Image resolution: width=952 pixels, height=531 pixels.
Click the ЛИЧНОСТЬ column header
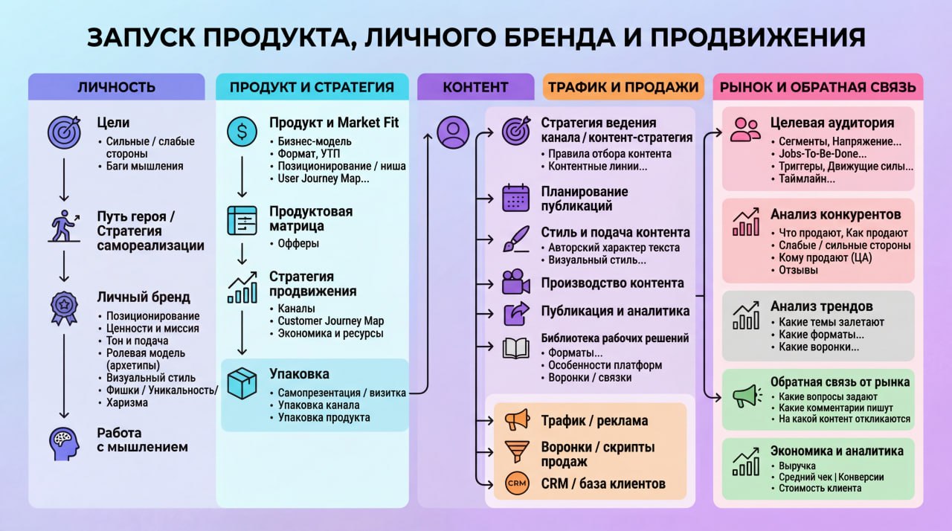[x=117, y=87]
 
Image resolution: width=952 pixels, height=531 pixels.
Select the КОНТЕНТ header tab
[x=475, y=87]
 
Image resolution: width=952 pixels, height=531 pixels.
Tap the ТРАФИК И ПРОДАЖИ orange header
[x=623, y=87]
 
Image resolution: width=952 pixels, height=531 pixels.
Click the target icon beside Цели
[x=64, y=132]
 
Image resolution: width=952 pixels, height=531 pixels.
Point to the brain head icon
[x=64, y=444]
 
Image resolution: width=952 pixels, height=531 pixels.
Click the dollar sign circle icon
[x=242, y=132]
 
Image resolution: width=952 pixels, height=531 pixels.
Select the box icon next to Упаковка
[x=242, y=383]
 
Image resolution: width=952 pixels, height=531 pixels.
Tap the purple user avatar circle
[x=453, y=132]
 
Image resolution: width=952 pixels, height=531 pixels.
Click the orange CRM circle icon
[x=517, y=483]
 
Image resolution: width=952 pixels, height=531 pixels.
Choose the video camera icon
[x=516, y=282]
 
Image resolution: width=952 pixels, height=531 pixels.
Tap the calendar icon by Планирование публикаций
[x=516, y=198]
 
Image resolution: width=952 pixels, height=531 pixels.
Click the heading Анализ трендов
[x=822, y=306]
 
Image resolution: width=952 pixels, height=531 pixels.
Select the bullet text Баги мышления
[x=144, y=166]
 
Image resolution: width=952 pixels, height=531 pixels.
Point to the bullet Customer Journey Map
[x=331, y=321]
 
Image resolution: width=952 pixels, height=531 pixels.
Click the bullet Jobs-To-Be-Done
[x=823, y=153]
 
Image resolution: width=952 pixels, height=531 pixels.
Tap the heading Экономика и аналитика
[x=837, y=450]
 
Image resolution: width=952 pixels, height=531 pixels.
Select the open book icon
[x=516, y=349]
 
